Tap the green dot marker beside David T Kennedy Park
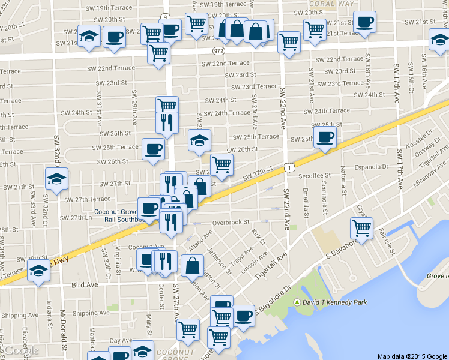pos(296,302)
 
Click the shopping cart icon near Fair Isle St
pos(361,227)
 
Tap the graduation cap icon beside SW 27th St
pos(57,179)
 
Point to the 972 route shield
pos(218,51)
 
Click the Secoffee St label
pos(315,176)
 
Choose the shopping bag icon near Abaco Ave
pos(192,265)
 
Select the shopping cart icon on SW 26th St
pos(221,164)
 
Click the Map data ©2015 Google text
pos(411,356)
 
